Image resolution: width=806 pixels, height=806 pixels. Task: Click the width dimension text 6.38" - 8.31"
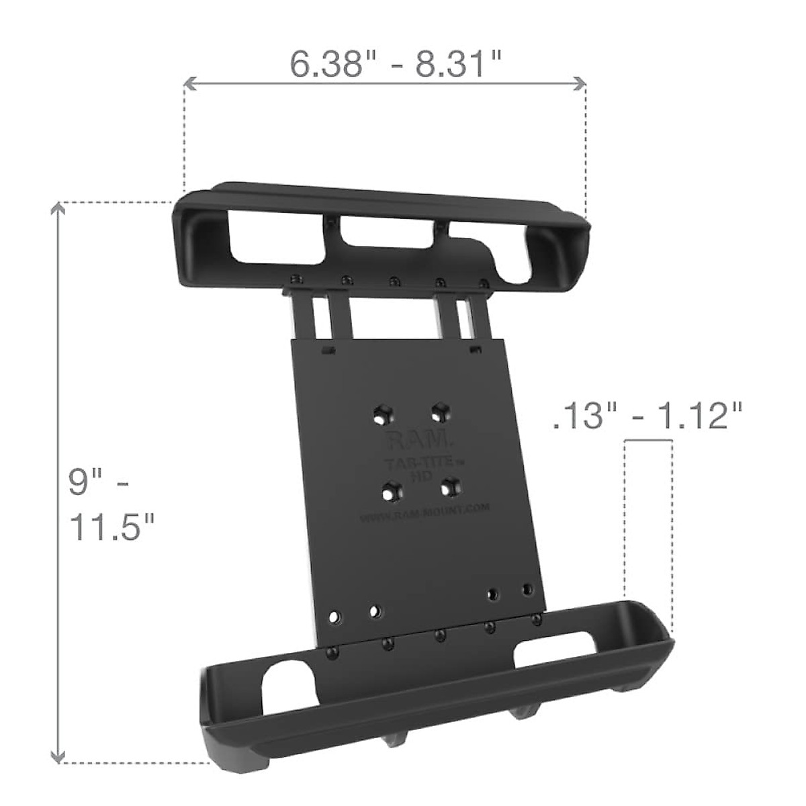(x=396, y=64)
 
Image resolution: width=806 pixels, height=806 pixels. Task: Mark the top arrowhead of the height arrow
(x=60, y=209)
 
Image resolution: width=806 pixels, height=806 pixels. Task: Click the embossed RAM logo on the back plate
(x=417, y=441)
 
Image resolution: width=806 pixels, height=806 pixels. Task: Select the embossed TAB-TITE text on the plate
(x=418, y=464)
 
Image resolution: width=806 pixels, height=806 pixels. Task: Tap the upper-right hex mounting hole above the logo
(x=440, y=410)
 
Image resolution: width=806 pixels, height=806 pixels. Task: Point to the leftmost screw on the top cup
(x=294, y=279)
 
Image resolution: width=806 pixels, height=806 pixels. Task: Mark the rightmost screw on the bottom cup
(x=535, y=619)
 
